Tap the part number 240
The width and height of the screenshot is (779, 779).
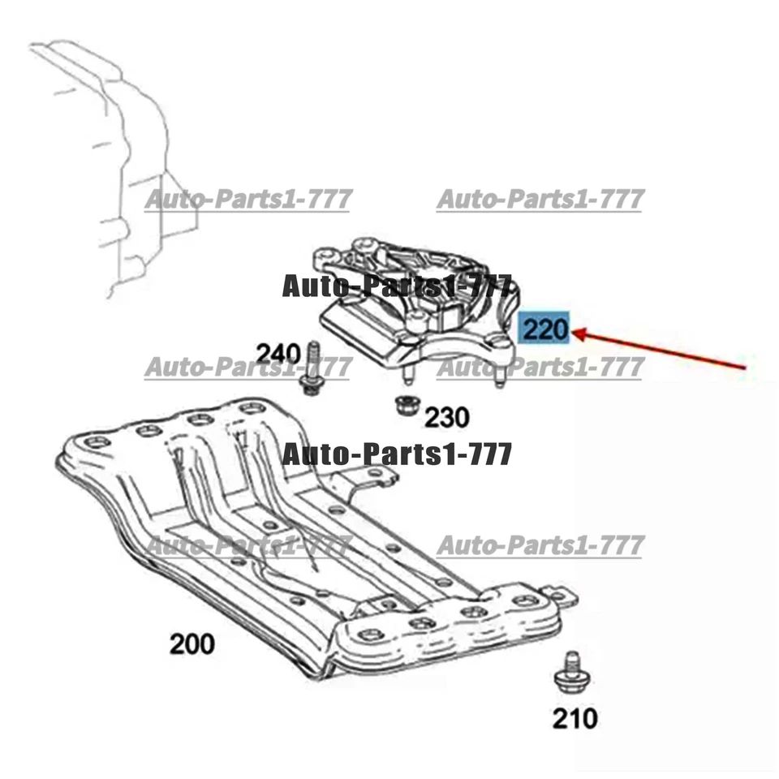pyautogui.click(x=278, y=353)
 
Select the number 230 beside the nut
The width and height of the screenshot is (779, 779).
pyautogui.click(x=447, y=417)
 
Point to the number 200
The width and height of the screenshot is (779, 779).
pyautogui.click(x=192, y=644)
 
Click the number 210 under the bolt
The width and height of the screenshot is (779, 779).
pyautogui.click(x=575, y=717)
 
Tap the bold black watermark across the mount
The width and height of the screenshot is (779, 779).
pyautogui.click(x=398, y=286)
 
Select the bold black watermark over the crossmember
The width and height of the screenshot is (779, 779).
pyautogui.click(x=398, y=454)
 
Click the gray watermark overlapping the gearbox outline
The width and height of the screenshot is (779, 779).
pyautogui.click(x=247, y=199)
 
